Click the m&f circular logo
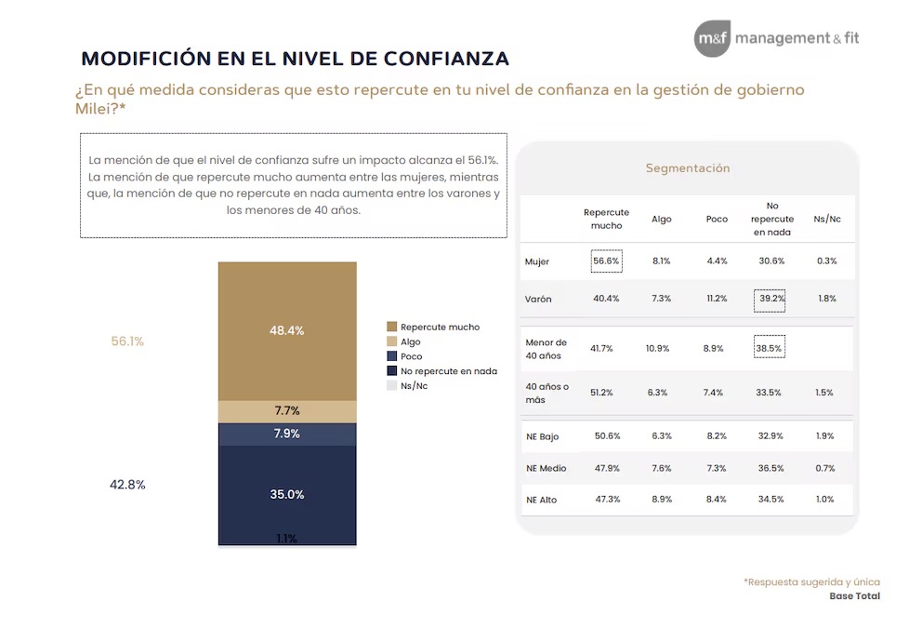coord(712,39)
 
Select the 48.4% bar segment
coord(287,330)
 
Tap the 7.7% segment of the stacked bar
coord(287,411)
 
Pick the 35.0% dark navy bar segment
coord(287,494)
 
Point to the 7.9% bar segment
coord(287,434)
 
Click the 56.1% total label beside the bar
coord(127,341)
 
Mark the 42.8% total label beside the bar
coord(127,485)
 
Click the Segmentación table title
coord(688,168)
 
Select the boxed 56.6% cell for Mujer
coord(606,261)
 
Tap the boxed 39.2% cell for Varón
coord(770,299)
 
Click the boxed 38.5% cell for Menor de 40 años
coord(770,347)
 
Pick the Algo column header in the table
coord(661,219)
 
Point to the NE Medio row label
coord(546,468)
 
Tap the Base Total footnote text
coord(854,596)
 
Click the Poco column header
coord(716,219)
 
